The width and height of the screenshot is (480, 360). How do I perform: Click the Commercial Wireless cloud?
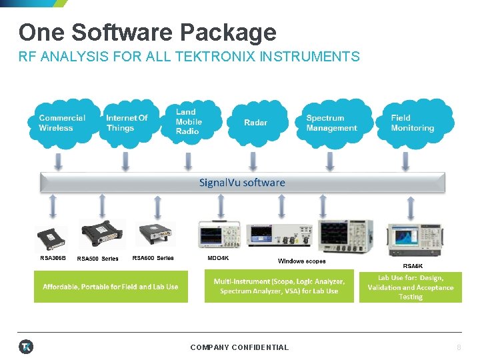[62, 123]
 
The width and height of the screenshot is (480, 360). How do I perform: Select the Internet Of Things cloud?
[127, 123]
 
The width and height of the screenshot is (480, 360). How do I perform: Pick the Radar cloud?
[255, 123]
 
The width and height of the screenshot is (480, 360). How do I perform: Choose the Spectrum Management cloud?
[331, 123]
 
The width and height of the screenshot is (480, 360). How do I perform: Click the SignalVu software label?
[242, 183]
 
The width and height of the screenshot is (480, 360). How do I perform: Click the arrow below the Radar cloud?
[253, 161]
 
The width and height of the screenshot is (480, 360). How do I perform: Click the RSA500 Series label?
[97, 259]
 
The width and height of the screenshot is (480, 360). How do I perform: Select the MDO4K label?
[217, 258]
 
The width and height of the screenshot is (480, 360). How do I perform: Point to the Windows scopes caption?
[301, 261]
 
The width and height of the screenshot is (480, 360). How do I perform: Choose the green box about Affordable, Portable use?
[111, 287]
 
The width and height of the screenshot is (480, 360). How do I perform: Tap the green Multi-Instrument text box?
[279, 287]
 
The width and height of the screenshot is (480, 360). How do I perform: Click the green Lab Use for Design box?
[410, 287]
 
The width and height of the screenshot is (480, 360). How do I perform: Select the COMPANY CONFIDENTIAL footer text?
[239, 347]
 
